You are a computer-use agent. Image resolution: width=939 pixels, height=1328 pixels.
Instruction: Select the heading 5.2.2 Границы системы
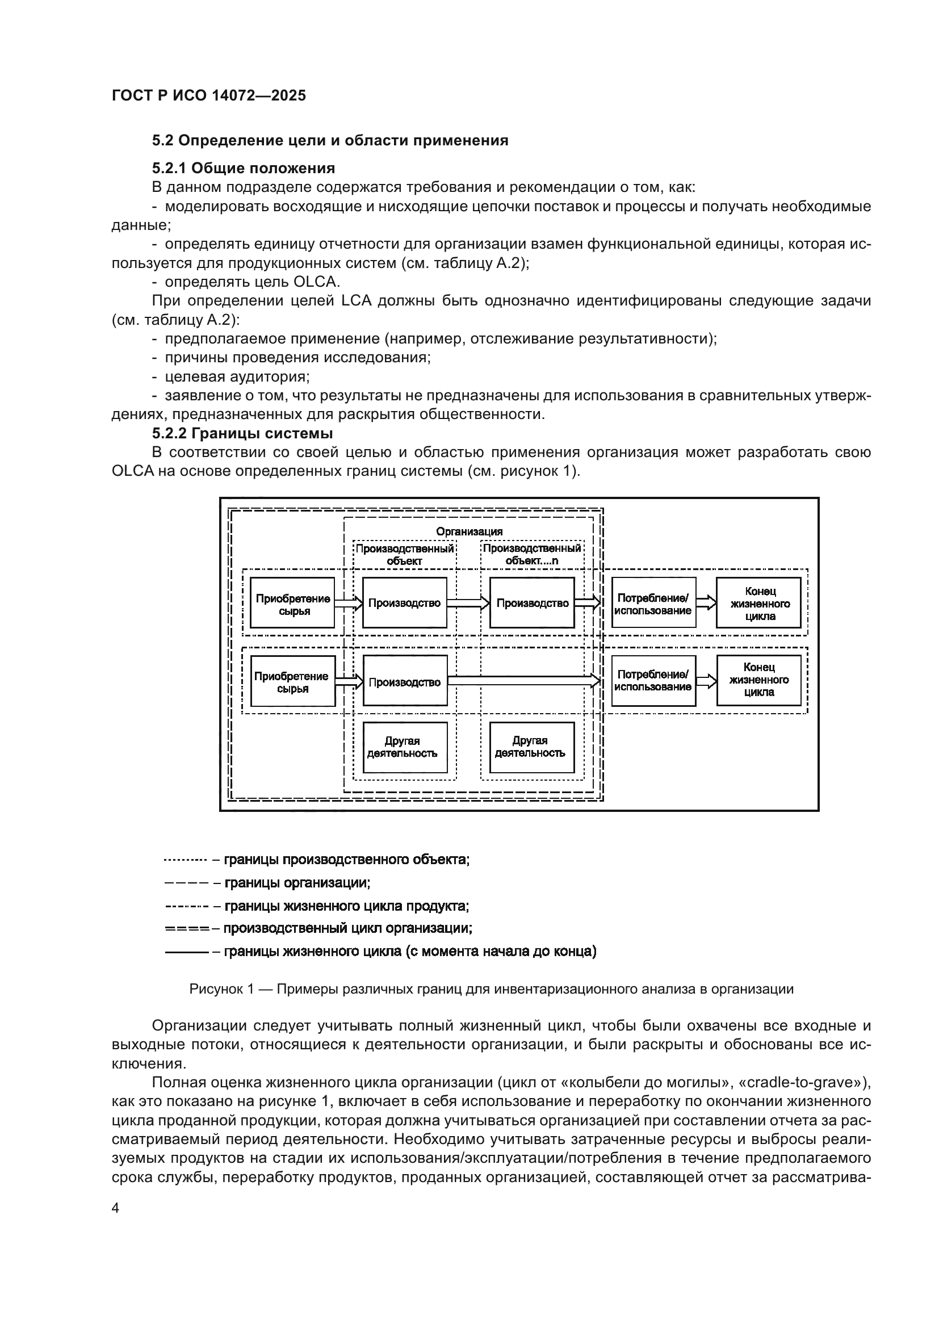[x=242, y=433]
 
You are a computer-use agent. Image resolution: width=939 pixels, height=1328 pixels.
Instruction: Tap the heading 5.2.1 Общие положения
[x=244, y=168]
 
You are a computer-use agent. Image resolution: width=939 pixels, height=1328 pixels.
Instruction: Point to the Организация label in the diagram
[x=469, y=531]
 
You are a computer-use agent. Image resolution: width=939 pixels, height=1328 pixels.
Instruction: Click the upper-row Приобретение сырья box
[x=292, y=603]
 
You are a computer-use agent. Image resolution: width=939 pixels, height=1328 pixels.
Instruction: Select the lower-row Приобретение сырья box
[x=292, y=681]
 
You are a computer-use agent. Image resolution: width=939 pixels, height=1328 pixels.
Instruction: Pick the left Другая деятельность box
[x=405, y=747]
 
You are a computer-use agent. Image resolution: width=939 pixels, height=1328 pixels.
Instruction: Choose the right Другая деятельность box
[x=531, y=747]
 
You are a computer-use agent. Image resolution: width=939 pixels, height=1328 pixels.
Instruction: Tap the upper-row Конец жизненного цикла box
[x=759, y=603]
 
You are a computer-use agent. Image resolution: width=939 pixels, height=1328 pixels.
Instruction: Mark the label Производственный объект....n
[x=532, y=554]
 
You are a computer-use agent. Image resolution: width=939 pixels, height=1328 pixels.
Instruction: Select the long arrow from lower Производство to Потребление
[x=523, y=681]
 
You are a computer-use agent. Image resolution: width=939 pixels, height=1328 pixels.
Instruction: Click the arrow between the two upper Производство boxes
[x=468, y=604]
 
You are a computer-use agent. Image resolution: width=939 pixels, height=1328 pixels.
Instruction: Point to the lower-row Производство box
[x=405, y=681]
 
